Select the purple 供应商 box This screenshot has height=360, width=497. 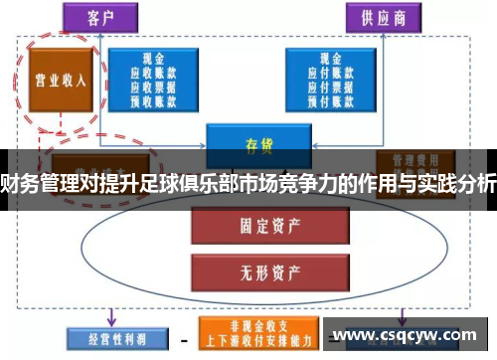385,17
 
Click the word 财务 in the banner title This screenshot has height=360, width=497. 15,183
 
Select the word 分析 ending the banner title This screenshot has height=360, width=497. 477,183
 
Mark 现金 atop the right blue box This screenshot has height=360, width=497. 331,61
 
